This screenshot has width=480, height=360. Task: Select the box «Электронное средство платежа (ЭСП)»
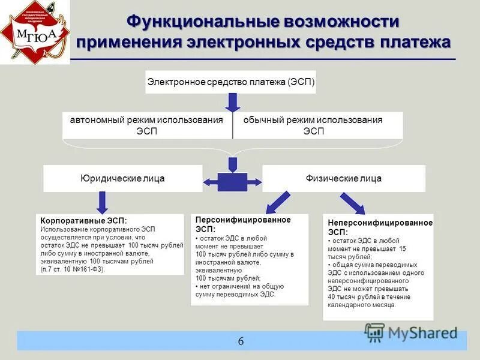[230, 82]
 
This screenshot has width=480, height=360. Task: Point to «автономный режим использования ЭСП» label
[146, 125]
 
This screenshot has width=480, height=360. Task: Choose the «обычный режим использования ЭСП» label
[313, 125]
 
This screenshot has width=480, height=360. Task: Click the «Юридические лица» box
[122, 178]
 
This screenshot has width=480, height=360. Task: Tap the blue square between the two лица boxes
[232, 181]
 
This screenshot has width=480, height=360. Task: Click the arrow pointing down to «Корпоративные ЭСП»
[103, 202]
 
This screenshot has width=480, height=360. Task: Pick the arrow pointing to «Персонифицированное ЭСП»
[278, 203]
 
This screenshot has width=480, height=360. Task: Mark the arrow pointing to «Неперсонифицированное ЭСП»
[352, 203]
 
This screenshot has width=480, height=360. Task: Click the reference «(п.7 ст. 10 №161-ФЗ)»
[73, 269]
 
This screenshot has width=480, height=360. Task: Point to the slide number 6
[241, 341]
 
